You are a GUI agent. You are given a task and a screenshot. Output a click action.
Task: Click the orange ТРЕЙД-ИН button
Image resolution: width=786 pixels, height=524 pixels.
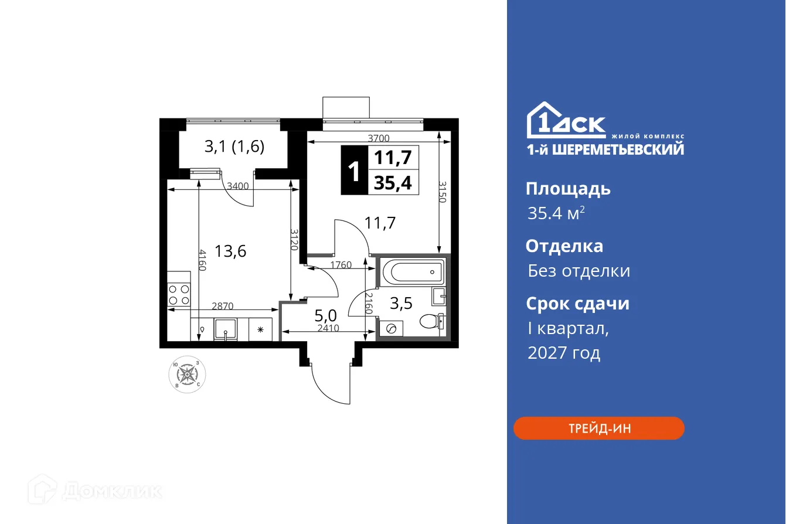(x=598, y=428)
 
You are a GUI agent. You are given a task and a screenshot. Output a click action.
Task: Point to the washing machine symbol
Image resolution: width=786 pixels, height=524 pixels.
(x=389, y=329)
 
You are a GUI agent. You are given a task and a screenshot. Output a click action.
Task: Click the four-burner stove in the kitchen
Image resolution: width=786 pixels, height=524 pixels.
(x=179, y=294)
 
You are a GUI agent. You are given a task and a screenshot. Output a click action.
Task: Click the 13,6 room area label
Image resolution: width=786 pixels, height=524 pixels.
(x=230, y=251)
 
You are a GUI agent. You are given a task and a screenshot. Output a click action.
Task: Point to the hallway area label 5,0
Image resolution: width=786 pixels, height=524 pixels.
(x=325, y=316)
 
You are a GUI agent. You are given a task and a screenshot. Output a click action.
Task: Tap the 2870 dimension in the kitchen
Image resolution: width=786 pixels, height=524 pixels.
(x=223, y=305)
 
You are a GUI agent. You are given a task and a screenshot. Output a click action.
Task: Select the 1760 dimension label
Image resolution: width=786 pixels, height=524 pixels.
(x=341, y=265)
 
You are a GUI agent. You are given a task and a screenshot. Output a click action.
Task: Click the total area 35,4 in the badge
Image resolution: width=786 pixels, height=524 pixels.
(x=393, y=183)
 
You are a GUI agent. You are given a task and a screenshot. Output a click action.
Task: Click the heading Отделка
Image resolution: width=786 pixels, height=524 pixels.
(x=564, y=246)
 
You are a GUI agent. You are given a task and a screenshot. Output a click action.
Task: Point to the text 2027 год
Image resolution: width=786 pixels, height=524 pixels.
(x=563, y=353)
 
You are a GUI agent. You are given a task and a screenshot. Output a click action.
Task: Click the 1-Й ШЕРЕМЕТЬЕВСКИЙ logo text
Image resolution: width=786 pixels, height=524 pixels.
(x=605, y=149)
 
